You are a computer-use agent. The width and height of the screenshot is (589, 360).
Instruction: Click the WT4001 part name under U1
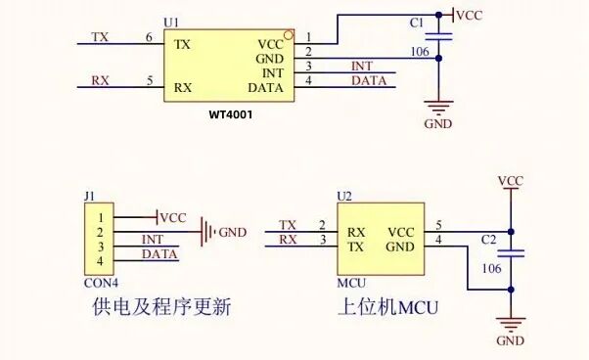click(x=232, y=114)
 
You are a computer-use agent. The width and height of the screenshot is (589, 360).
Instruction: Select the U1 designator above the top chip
click(x=171, y=22)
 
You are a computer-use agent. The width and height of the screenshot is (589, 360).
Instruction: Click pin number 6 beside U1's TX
click(x=149, y=37)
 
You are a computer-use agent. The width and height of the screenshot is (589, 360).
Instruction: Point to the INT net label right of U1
click(x=362, y=66)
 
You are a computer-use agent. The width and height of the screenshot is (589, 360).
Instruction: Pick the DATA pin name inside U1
click(x=266, y=87)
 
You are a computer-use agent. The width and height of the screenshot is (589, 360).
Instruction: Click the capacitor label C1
click(x=417, y=48)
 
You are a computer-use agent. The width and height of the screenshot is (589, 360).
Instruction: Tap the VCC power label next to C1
click(x=470, y=16)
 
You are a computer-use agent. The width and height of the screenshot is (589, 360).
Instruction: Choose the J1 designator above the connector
click(x=90, y=196)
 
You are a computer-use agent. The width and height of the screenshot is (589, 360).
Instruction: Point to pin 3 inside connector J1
click(x=100, y=247)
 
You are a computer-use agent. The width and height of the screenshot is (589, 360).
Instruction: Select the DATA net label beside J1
click(x=160, y=254)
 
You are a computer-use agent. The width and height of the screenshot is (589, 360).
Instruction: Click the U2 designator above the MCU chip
click(x=343, y=196)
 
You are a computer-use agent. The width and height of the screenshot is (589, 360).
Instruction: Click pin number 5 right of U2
click(x=438, y=225)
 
